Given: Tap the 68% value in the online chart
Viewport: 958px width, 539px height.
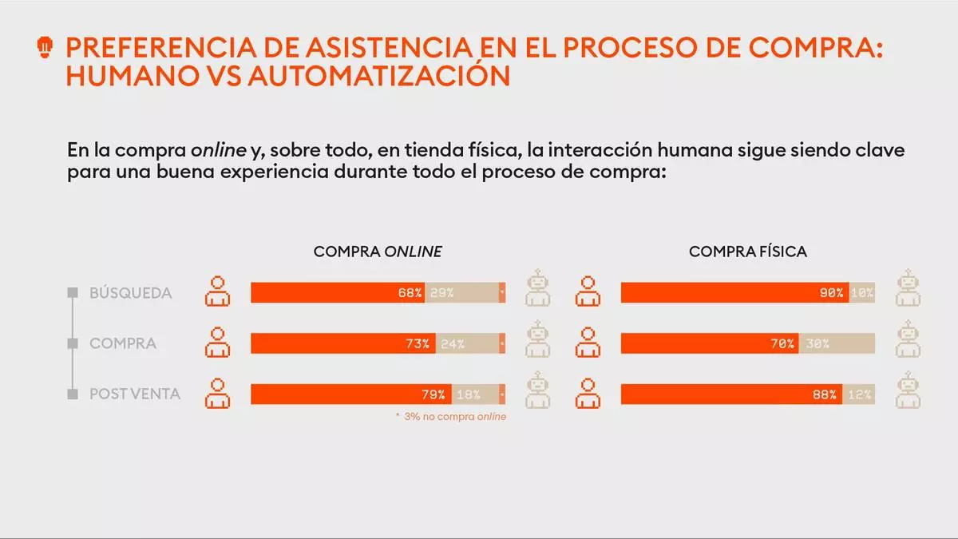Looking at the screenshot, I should [410, 293].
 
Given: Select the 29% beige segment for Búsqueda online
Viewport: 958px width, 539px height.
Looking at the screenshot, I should [441, 293].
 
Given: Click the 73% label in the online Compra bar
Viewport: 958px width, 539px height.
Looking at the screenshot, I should [418, 344].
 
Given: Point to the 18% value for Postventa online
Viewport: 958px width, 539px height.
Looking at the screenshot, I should [468, 394].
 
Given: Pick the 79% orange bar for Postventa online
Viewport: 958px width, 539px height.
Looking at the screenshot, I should [351, 394].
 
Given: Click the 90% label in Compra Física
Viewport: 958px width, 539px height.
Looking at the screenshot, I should [831, 293].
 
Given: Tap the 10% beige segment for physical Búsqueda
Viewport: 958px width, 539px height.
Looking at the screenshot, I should [862, 293].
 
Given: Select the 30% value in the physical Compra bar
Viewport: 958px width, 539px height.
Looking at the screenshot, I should [817, 344].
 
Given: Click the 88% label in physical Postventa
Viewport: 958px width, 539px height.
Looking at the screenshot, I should [825, 394].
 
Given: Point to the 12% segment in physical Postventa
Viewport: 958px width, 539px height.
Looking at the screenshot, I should [860, 394].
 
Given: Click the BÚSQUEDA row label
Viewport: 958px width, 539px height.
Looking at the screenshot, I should [130, 293].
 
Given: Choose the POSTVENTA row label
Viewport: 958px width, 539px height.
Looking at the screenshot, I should [135, 394].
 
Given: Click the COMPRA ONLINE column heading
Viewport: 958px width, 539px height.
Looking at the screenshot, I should [378, 252].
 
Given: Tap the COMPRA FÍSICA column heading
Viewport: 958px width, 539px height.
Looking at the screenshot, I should [748, 252].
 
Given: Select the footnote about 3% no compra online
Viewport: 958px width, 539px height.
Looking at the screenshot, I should [451, 417].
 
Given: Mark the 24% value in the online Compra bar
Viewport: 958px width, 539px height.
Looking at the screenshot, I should [453, 344].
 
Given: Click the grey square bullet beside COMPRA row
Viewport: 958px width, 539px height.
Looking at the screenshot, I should [73, 343].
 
